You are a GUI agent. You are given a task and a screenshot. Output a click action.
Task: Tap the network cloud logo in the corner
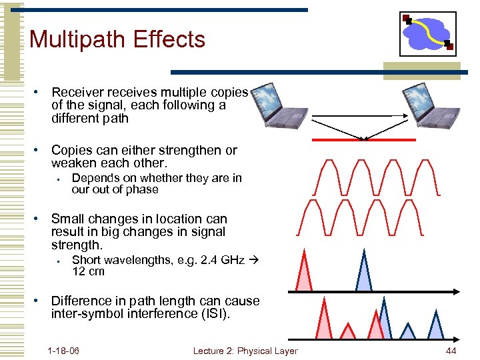pyautogui.click(x=427, y=33)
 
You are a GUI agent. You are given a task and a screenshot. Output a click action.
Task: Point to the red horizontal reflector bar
pyautogui.click(x=365, y=140)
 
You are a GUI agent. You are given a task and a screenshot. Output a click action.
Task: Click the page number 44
pyautogui.click(x=451, y=351)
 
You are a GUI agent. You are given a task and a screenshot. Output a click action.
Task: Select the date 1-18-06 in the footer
pyautogui.click(x=63, y=351)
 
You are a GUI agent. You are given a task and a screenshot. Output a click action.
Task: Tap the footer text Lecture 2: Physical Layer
pyautogui.click(x=245, y=351)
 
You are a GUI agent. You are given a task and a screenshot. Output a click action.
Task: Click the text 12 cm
pyautogui.click(x=88, y=271)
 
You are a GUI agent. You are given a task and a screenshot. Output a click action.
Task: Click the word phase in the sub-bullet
pyautogui.click(x=144, y=189)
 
